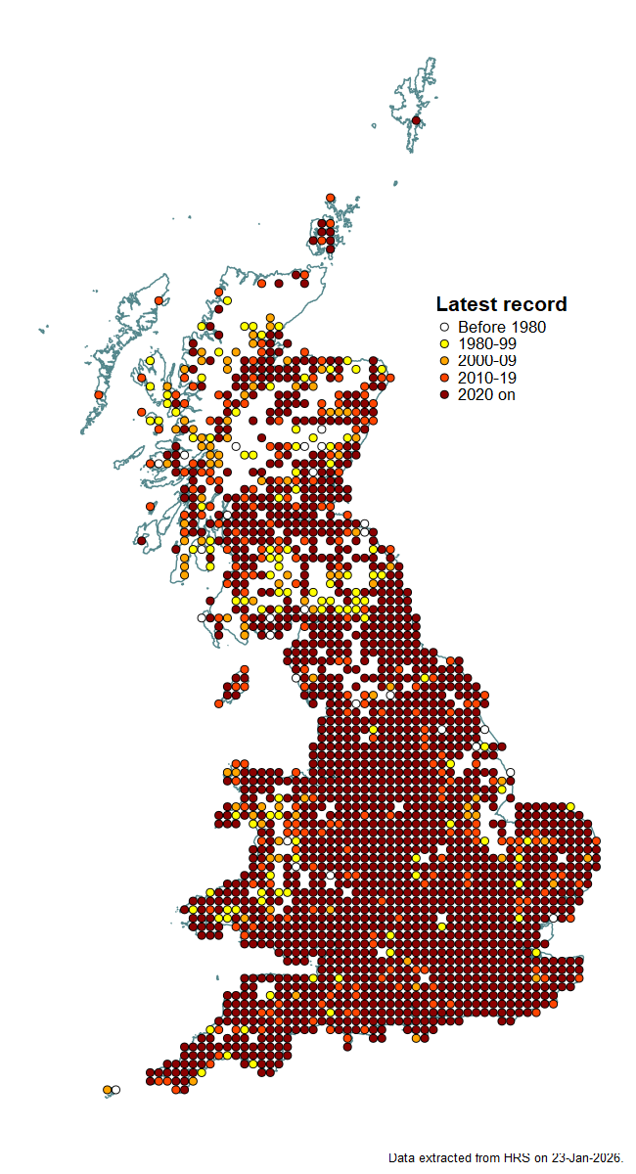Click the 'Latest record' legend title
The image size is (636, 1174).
point(501,304)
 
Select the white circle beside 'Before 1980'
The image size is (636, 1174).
point(444,328)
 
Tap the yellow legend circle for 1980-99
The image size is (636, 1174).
point(444,344)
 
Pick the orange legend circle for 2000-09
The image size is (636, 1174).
point(444,361)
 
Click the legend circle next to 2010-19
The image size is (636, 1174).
point(444,378)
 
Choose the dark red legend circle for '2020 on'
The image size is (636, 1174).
point(444,394)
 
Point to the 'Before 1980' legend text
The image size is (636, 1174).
point(502,328)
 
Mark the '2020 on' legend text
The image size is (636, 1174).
point(486,394)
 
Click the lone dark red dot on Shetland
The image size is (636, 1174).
point(416,120)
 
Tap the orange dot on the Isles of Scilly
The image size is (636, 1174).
point(107,1089)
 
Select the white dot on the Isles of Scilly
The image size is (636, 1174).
point(115,1089)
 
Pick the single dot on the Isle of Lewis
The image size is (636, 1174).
point(159,301)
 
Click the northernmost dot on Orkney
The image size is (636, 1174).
point(331,198)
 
